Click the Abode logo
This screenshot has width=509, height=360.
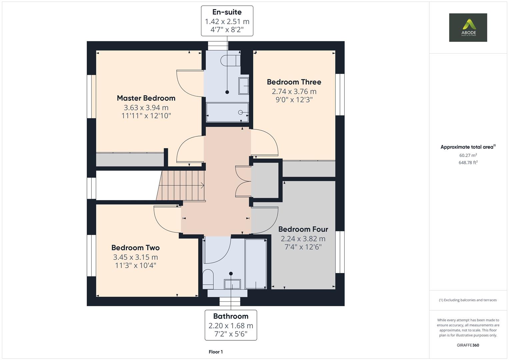[x=468, y=27]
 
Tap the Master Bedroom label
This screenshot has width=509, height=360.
[x=146, y=98]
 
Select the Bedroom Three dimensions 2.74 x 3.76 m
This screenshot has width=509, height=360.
[x=294, y=91]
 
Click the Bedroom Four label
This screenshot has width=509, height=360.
[x=303, y=229]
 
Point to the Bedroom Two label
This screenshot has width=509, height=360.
[x=135, y=248]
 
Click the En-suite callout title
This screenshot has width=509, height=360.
[x=227, y=12]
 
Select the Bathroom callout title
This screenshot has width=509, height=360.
[x=231, y=316]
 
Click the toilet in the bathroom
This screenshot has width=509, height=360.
[x=208, y=279]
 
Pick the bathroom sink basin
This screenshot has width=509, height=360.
[x=232, y=284]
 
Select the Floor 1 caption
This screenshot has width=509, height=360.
[x=216, y=352]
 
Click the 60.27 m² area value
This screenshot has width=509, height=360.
[x=468, y=155]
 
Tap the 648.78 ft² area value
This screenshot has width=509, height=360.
[x=468, y=163]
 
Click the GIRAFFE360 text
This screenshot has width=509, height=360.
[x=468, y=345]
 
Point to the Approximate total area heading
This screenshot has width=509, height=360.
[x=468, y=147]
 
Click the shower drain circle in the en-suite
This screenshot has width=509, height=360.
[x=240, y=112]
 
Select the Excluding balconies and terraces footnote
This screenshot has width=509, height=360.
[x=468, y=300]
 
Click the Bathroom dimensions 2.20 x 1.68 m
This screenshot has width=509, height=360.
[x=231, y=326]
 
